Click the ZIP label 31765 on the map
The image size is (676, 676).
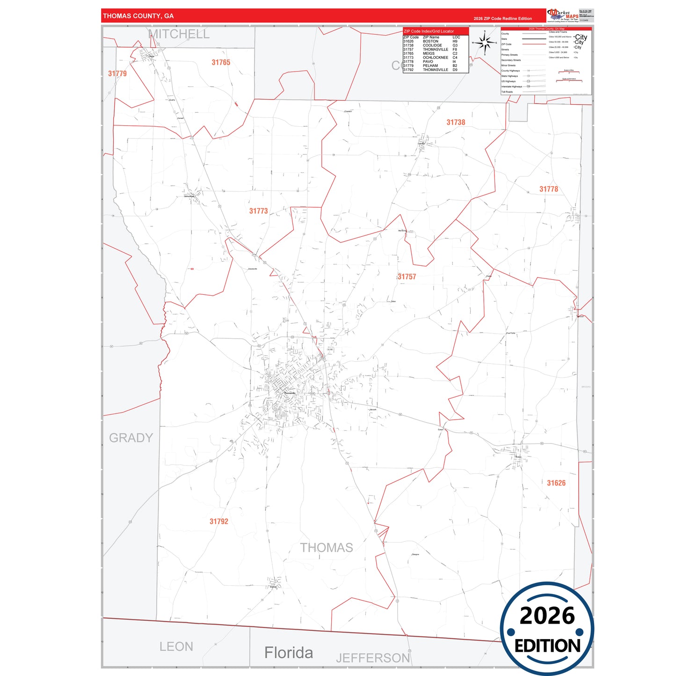(x=221, y=63)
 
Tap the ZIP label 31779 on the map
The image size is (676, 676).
(x=117, y=73)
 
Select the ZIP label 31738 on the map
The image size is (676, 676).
(x=456, y=123)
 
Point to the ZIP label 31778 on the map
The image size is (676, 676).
(x=549, y=189)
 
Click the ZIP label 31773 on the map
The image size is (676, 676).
(x=258, y=211)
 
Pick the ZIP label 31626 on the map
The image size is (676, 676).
(x=556, y=483)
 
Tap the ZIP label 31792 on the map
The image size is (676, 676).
(x=219, y=522)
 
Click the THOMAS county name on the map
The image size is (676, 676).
(x=327, y=548)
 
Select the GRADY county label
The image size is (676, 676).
(x=131, y=438)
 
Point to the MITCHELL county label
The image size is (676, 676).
(x=179, y=34)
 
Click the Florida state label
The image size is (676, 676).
(x=289, y=653)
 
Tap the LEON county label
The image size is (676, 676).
(x=176, y=647)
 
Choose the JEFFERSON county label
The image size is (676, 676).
(x=373, y=658)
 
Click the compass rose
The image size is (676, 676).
(x=485, y=43)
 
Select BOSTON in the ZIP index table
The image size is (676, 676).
(x=430, y=42)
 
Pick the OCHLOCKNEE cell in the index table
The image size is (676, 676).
(x=435, y=58)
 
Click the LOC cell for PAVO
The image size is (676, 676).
(x=454, y=62)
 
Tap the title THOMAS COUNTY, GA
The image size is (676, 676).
(x=138, y=16)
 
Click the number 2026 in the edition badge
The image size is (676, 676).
(x=547, y=616)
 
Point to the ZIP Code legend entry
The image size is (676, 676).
(x=507, y=44)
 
